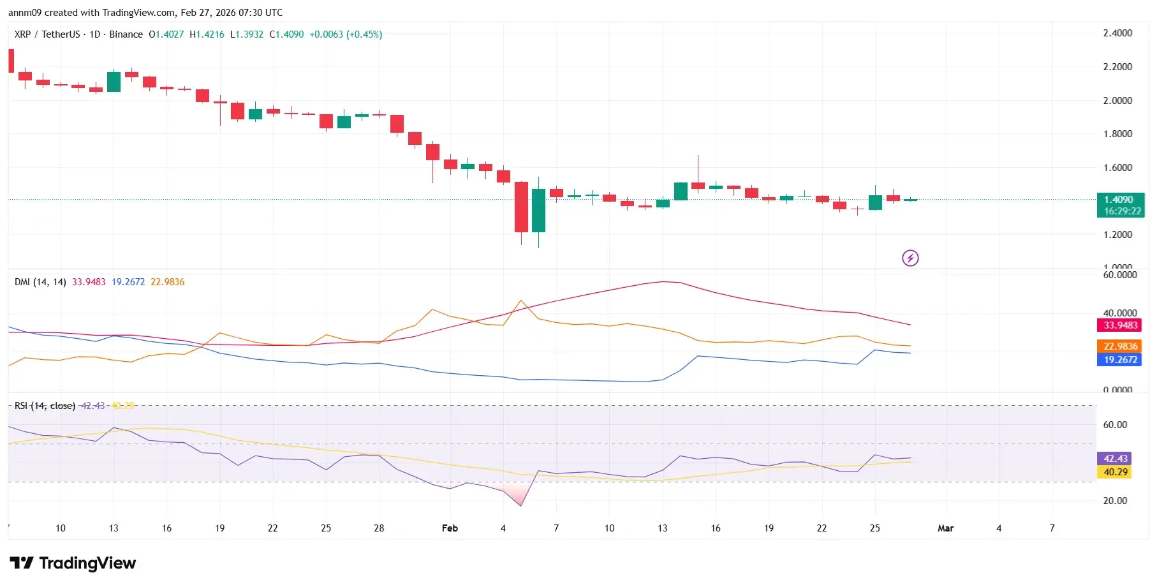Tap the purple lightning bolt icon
[910, 258]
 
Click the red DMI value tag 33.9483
[1120, 325]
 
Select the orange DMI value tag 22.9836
[1120, 346]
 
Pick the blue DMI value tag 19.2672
[1120, 360]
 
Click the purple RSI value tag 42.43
[1115, 459]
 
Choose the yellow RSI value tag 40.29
[1115, 472]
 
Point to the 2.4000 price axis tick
[1117, 33]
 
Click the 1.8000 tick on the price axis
[1117, 134]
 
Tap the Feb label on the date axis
[450, 528]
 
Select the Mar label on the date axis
[945, 528]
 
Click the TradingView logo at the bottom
[73, 563]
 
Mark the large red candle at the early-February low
[521, 207]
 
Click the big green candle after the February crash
[538, 211]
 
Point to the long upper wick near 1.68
[698, 167]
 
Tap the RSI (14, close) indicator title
[45, 406]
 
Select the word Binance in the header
[126, 34]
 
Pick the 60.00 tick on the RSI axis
[1115, 425]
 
